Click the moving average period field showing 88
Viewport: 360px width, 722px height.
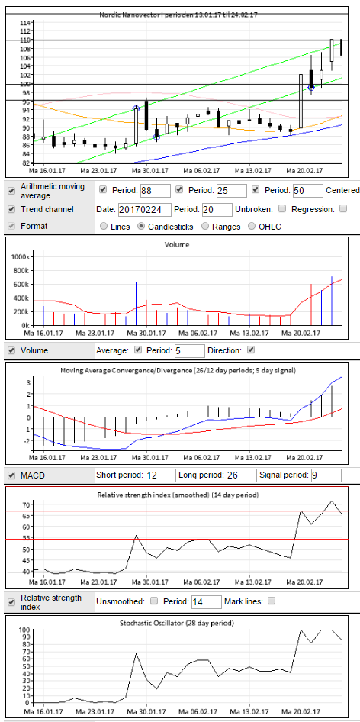[156, 190]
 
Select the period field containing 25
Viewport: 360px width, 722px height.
[232, 190]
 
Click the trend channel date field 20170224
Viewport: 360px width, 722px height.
[145, 210]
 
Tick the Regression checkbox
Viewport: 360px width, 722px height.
[343, 208]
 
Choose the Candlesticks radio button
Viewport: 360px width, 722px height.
[142, 227]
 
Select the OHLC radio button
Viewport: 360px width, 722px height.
[252, 227]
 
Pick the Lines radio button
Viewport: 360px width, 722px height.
[104, 227]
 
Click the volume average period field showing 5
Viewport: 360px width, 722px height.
[189, 351]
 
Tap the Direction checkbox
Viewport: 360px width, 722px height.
[251, 350]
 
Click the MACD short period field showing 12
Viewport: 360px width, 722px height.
[161, 475]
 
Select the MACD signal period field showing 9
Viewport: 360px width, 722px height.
[326, 475]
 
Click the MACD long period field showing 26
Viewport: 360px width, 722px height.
[241, 475]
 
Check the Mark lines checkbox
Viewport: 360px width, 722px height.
[272, 601]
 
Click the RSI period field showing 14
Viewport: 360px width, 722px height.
[206, 601]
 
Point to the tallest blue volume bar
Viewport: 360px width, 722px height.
[301, 288]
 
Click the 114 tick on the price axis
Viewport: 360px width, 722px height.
[25, 23]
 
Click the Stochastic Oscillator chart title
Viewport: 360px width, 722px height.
[177, 624]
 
